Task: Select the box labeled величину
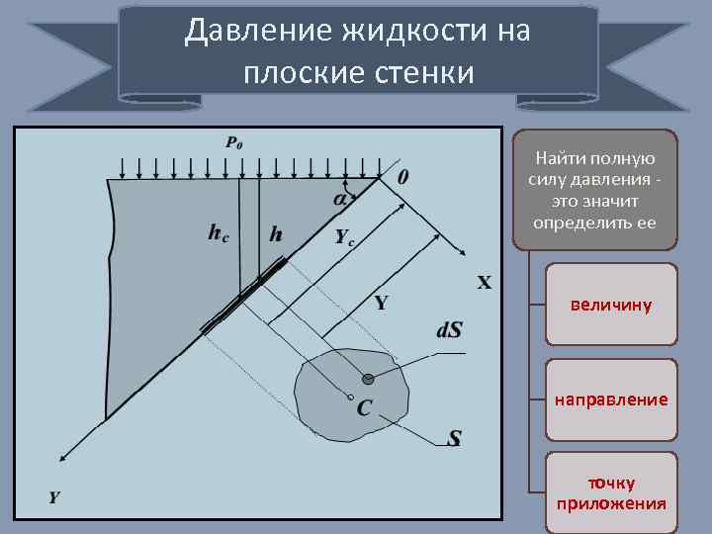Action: click(611, 305)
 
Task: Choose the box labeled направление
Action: click(611, 400)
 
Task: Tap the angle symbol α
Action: click(340, 198)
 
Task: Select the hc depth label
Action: click(219, 233)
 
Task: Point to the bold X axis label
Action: click(485, 284)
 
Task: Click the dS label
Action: click(449, 329)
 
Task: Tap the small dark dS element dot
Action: click(369, 378)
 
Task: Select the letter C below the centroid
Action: click(364, 407)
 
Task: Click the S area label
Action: click(454, 438)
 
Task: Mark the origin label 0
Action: click(403, 177)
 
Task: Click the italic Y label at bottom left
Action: click(54, 496)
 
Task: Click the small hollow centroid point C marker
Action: click(350, 398)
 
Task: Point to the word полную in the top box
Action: click(623, 158)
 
